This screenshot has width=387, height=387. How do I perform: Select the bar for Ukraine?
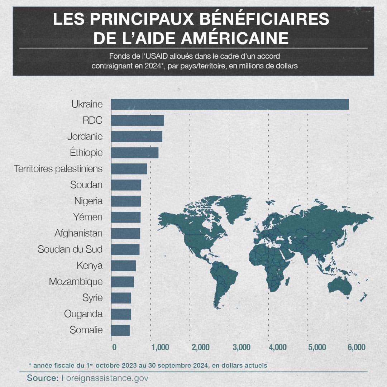coord(230,104)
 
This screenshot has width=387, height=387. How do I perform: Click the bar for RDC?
coord(137,120)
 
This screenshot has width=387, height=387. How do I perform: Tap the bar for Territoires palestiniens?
coord(129,169)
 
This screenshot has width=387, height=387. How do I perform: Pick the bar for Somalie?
coord(120,330)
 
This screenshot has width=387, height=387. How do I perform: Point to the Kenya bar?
coord(123,266)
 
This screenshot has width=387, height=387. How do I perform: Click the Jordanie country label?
coord(85,137)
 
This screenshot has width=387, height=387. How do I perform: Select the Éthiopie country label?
coord(86,153)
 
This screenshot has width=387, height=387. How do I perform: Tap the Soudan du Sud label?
coord(70,249)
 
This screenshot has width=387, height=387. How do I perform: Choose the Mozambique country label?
coord(76,282)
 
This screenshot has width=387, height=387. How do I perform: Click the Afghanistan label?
coord(78,233)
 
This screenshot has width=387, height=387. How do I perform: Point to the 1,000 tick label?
coord(160,347)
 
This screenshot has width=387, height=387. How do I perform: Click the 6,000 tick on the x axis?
coord(357,347)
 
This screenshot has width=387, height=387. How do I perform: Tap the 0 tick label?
coord(114,347)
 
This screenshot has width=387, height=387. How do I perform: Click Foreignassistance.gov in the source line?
coord(105,378)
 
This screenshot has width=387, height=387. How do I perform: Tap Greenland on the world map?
coord(230,207)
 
